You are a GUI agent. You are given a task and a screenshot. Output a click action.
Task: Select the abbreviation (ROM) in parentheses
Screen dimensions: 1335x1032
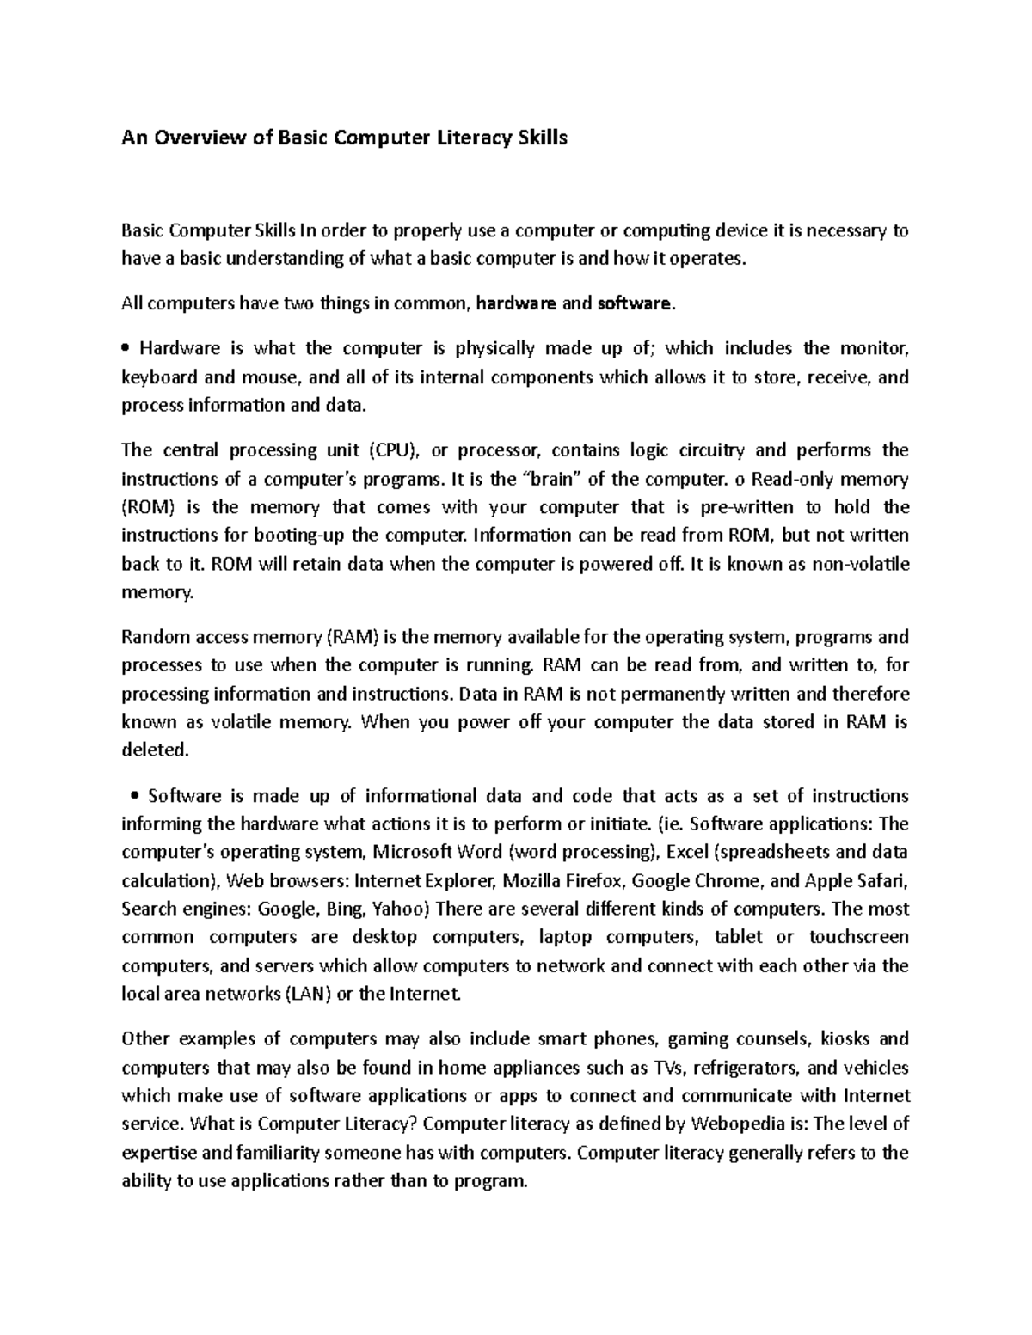[148, 507]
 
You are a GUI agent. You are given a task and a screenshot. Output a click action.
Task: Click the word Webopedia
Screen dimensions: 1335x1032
[742, 1124]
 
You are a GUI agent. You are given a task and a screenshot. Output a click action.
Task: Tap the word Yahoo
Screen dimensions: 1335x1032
[410, 909]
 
